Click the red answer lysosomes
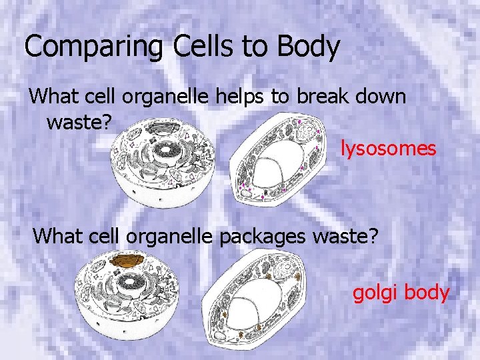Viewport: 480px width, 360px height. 388,148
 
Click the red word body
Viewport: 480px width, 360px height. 426,293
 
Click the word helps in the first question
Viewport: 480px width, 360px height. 241,97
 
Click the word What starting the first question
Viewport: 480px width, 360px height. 54,97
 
